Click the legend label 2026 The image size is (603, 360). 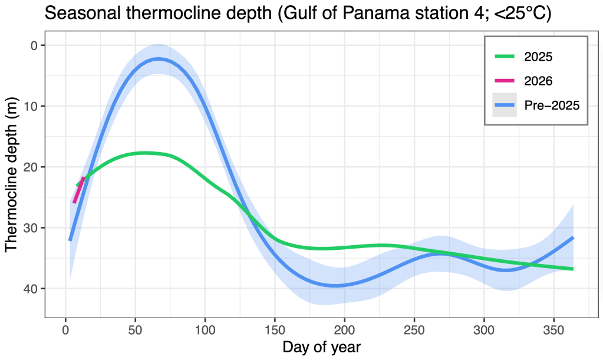click(538, 81)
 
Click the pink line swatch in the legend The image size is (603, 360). click(505, 81)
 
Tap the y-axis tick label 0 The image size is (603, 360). click(34, 45)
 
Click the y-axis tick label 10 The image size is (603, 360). click(30, 106)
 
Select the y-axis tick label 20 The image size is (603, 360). click(30, 167)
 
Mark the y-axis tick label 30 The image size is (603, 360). click(30, 228)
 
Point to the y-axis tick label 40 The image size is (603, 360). click(30, 289)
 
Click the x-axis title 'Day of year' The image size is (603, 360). click(321, 346)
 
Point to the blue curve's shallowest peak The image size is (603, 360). click(158, 59)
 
